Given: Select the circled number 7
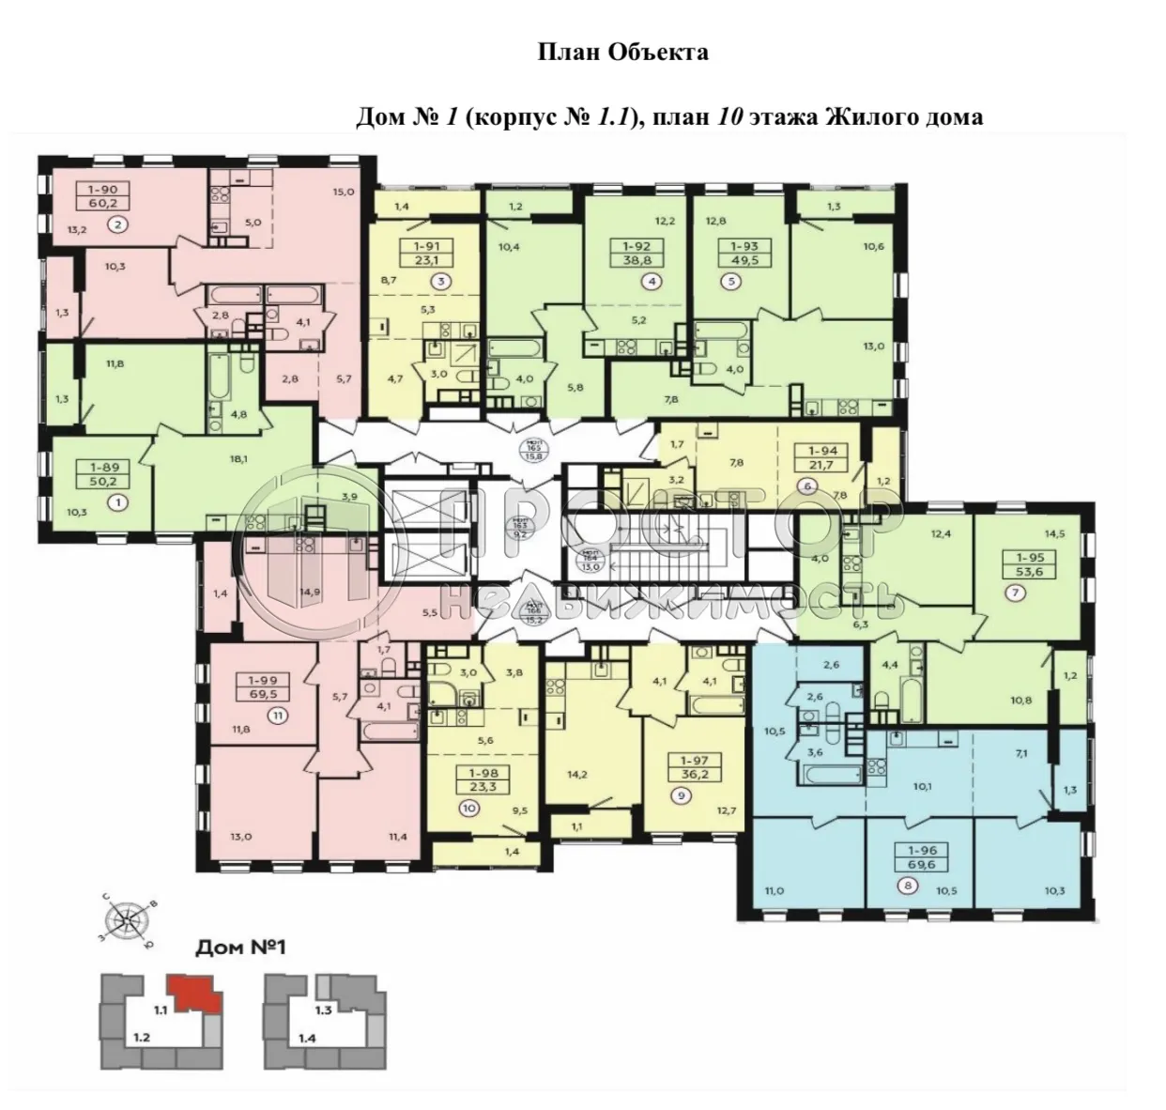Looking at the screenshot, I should click(x=1015, y=592).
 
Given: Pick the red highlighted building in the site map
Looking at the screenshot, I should click(x=193, y=993).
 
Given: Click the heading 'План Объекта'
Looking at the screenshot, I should click(x=623, y=53).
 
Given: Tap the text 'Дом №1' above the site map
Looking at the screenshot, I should click(x=239, y=948).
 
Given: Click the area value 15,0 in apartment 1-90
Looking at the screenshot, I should click(x=343, y=193).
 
